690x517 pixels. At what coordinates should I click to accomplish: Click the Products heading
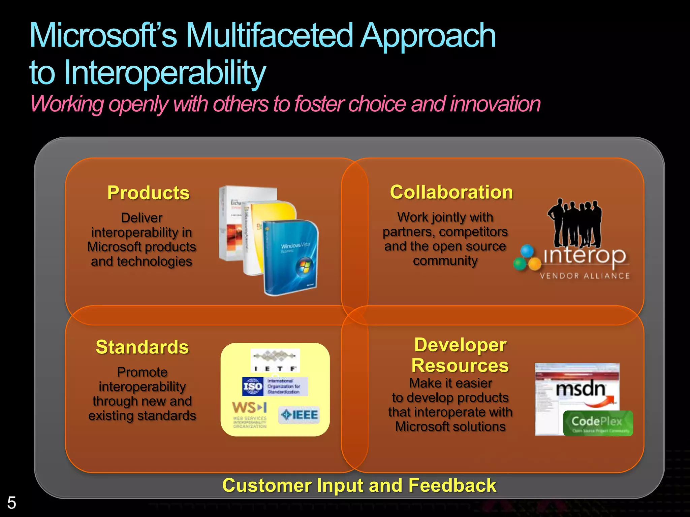click(x=148, y=193)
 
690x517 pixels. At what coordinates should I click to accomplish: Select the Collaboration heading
click(x=451, y=192)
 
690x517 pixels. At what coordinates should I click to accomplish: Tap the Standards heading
click(x=142, y=347)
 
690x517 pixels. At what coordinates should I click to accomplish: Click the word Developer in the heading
click(x=460, y=345)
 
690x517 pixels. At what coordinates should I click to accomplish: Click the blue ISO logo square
click(x=253, y=386)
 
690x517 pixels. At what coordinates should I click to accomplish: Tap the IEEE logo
click(x=299, y=415)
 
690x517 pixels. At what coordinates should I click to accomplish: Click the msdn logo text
click(x=581, y=389)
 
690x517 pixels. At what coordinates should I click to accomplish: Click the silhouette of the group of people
click(x=575, y=224)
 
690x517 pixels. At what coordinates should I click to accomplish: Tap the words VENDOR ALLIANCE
click(x=585, y=276)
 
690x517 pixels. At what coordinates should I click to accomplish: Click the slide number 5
click(x=11, y=503)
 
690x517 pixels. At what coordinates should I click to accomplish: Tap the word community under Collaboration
click(x=445, y=261)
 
